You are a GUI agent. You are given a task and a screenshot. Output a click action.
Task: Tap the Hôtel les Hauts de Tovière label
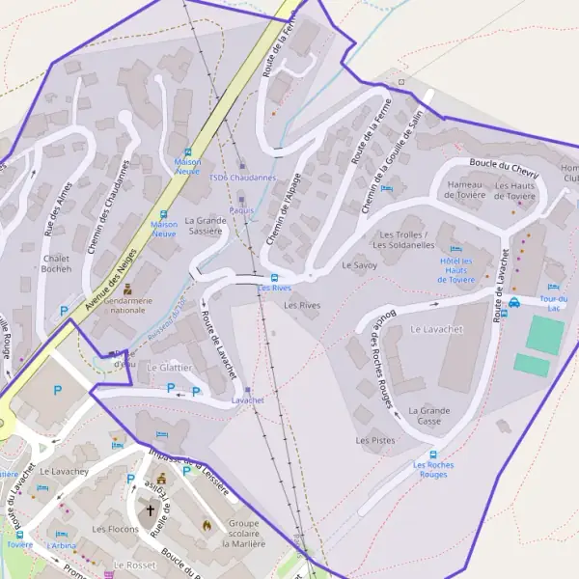(x=456, y=270)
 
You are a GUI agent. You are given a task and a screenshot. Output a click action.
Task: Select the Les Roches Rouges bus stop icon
(x=434, y=455)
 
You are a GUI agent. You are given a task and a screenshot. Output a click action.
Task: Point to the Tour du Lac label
(x=553, y=304)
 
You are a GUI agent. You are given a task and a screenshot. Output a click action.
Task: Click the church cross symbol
(x=151, y=510)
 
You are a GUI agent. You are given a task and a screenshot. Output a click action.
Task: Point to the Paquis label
(x=241, y=209)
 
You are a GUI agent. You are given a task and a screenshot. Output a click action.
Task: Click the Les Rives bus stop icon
(x=275, y=276)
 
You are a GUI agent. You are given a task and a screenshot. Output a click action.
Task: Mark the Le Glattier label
(x=171, y=368)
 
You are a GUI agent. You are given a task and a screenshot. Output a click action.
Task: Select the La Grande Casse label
(x=428, y=416)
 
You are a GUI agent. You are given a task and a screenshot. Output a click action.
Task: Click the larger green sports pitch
(x=545, y=334)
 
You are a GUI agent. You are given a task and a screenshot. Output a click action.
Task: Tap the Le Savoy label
(x=359, y=264)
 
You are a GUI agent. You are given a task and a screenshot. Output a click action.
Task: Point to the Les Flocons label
(x=115, y=529)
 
